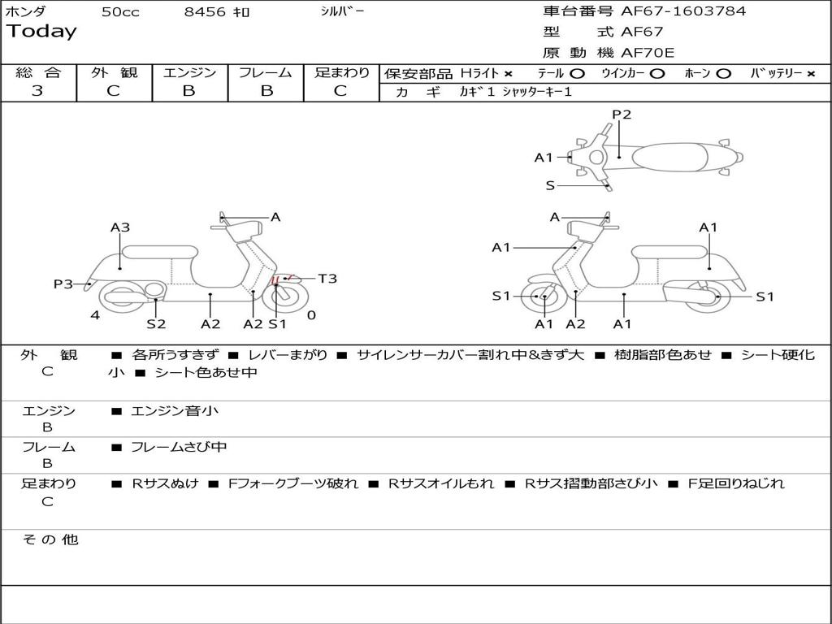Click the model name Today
[x=41, y=32]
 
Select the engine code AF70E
[x=648, y=54]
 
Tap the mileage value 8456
[x=206, y=12]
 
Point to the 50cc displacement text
[x=120, y=12]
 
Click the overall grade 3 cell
[x=37, y=91]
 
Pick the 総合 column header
[x=37, y=73]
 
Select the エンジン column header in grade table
[x=189, y=73]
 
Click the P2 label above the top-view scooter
[x=622, y=115]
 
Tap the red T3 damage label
[x=327, y=279]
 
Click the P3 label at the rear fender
[x=63, y=284]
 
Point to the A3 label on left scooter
[x=120, y=227]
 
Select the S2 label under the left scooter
[x=156, y=324]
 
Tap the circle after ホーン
[x=723, y=74]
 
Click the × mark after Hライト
[x=508, y=74]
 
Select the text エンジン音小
[x=175, y=411]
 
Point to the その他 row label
[x=50, y=539]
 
